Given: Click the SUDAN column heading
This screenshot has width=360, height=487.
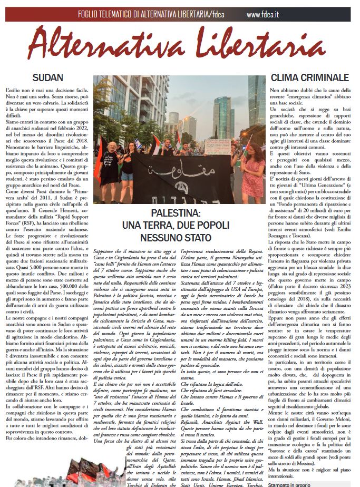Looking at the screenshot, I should coord(47,77).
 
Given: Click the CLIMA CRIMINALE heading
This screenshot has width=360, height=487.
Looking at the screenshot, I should coord(309,77).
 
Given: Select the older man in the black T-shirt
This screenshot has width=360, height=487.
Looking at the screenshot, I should coord(110,163).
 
